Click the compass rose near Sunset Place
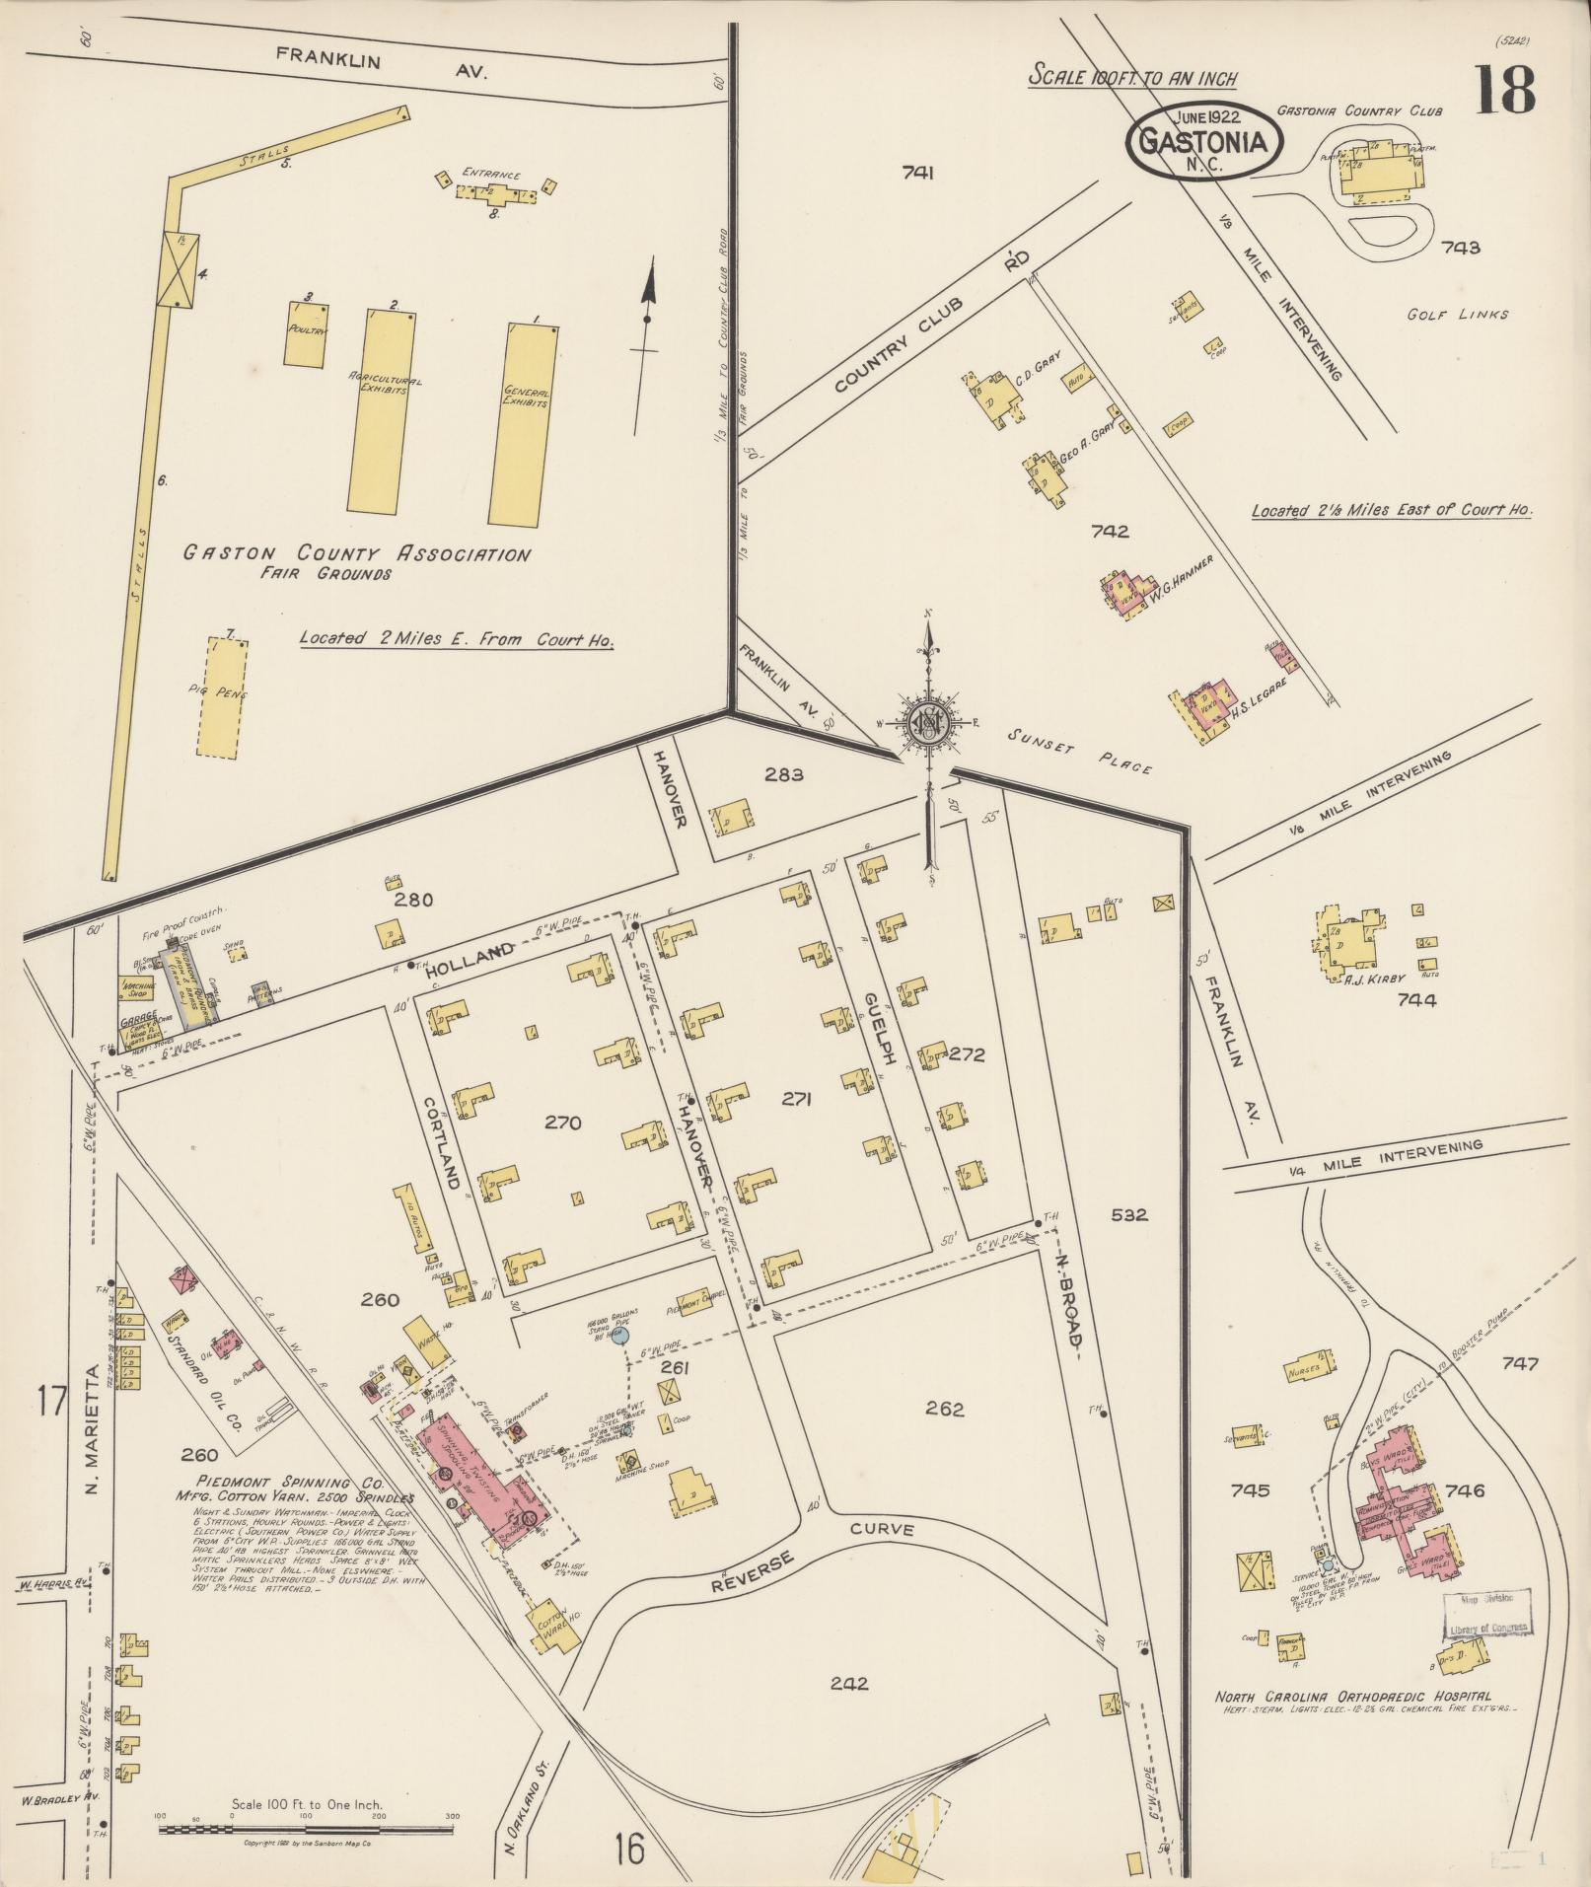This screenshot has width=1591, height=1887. pyautogui.click(x=927, y=723)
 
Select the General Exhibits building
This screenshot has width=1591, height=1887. pyautogui.click(x=525, y=424)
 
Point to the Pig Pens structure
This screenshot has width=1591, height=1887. pyautogui.click(x=221, y=696)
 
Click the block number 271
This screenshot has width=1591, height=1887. pyautogui.click(x=795, y=1099)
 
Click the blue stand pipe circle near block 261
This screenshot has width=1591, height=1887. pyautogui.click(x=618, y=1337)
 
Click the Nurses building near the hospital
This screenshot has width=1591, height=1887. pyautogui.click(x=1311, y=1370)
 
